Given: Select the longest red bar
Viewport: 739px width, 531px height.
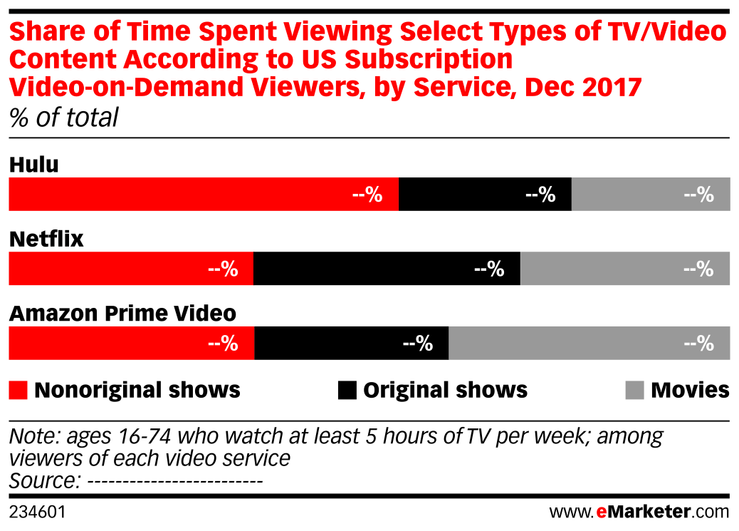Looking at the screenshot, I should coord(203,194).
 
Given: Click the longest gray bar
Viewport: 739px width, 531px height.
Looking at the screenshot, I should coord(589,343).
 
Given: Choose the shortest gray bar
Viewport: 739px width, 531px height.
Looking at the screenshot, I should coord(651,194).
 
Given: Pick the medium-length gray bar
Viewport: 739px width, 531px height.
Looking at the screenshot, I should coord(625,269).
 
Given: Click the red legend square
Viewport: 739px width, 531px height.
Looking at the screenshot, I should coord(19,391).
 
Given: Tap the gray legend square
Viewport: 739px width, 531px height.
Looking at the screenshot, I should coord(634,391).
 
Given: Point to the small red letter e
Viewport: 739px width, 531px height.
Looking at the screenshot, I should coord(601,512).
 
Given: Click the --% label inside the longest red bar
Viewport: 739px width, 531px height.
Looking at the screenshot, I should coord(367,195).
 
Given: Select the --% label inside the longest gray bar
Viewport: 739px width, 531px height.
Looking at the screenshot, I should coord(698,344).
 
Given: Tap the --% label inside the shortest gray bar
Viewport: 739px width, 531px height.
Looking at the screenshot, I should coord(698,195).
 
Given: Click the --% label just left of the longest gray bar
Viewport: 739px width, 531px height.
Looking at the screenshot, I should coord(418,344).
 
